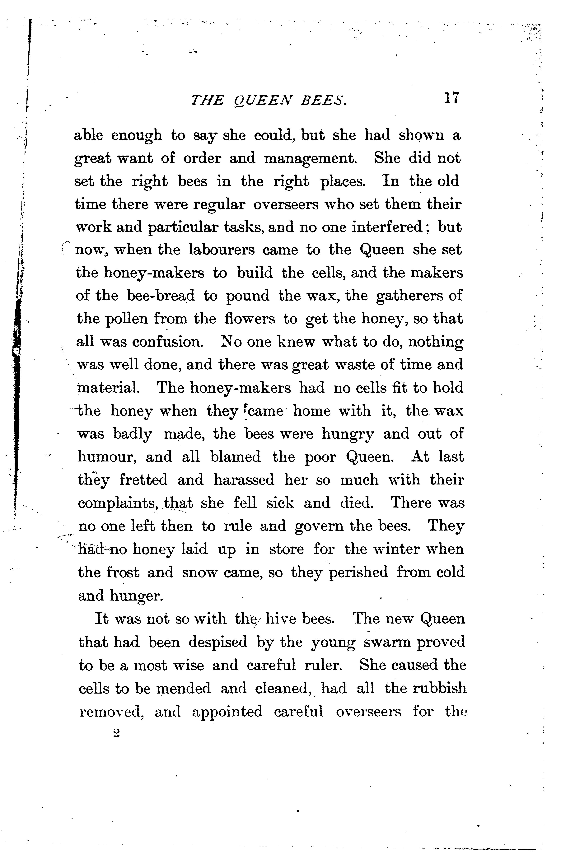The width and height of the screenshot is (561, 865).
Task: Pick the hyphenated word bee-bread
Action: [x=161, y=296]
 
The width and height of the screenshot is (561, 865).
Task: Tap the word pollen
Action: [x=125, y=319]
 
